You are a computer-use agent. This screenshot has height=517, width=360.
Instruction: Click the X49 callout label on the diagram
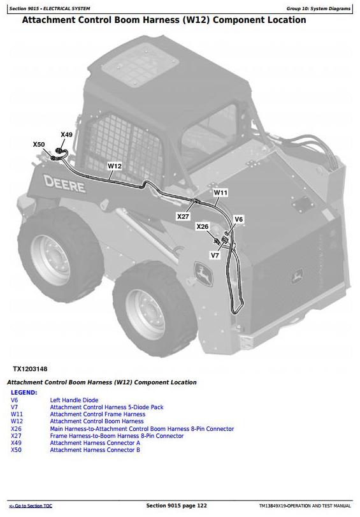point(66,135)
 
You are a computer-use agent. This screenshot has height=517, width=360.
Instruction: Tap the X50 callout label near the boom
point(39,145)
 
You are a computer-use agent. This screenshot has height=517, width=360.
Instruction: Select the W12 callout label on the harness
point(115,166)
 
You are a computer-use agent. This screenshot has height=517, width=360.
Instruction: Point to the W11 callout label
point(220,193)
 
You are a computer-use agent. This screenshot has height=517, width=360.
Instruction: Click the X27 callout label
point(183,216)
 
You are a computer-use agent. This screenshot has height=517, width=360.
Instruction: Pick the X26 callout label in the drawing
point(203,226)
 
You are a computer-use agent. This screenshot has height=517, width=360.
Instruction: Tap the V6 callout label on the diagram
point(238,219)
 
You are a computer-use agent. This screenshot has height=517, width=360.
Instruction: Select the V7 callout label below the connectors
point(215,255)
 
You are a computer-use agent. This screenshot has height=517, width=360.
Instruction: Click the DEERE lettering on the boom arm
point(64,184)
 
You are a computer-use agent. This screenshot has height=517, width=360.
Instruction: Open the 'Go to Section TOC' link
point(31,506)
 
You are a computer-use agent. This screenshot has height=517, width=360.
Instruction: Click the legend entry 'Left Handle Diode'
point(74,400)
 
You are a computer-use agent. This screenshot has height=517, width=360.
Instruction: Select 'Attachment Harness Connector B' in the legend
point(95,449)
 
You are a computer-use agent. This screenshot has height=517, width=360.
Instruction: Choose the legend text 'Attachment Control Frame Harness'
point(97,414)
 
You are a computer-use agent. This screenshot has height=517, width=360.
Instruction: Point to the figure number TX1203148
point(30,369)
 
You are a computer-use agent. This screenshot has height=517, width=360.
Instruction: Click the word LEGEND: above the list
point(24,392)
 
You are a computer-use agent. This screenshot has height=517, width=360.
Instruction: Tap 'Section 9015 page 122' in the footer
point(176,506)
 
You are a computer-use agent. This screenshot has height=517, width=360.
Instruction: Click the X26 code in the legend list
point(16,428)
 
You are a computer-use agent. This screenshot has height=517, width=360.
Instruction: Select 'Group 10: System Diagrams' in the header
point(319,8)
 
